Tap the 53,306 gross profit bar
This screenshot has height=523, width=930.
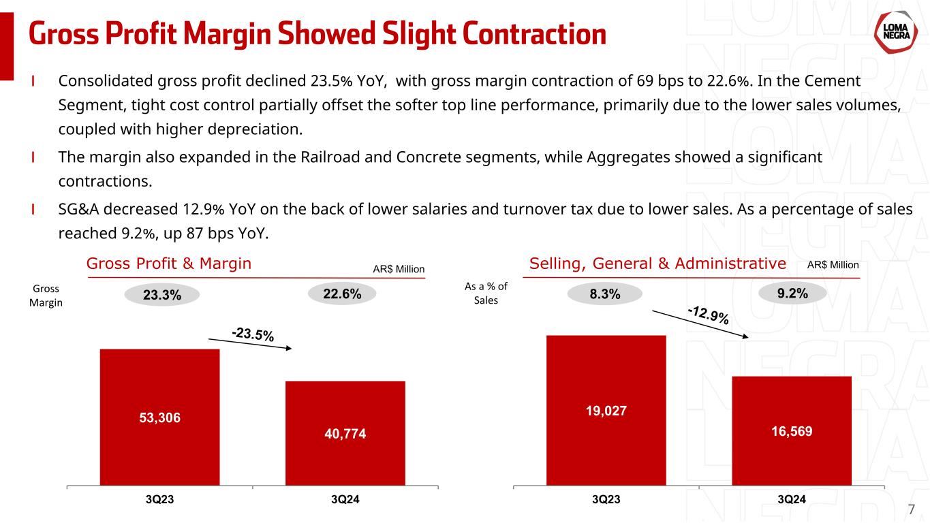(x=159, y=417)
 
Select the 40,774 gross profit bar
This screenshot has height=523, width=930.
(x=345, y=432)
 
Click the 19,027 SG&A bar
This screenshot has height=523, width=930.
(x=606, y=410)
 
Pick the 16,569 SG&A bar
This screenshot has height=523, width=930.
(x=791, y=430)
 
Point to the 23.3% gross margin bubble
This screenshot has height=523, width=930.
(x=162, y=296)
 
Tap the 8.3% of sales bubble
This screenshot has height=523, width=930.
(x=605, y=294)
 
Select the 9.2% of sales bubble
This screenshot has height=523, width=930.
(x=792, y=294)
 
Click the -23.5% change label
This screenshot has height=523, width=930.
(x=253, y=334)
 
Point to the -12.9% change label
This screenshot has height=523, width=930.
(x=709, y=315)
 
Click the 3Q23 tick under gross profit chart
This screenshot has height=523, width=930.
(x=159, y=499)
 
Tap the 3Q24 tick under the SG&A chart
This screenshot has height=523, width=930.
(x=792, y=499)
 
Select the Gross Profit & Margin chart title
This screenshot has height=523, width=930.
(x=169, y=264)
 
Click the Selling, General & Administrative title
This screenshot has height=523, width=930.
(x=657, y=264)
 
